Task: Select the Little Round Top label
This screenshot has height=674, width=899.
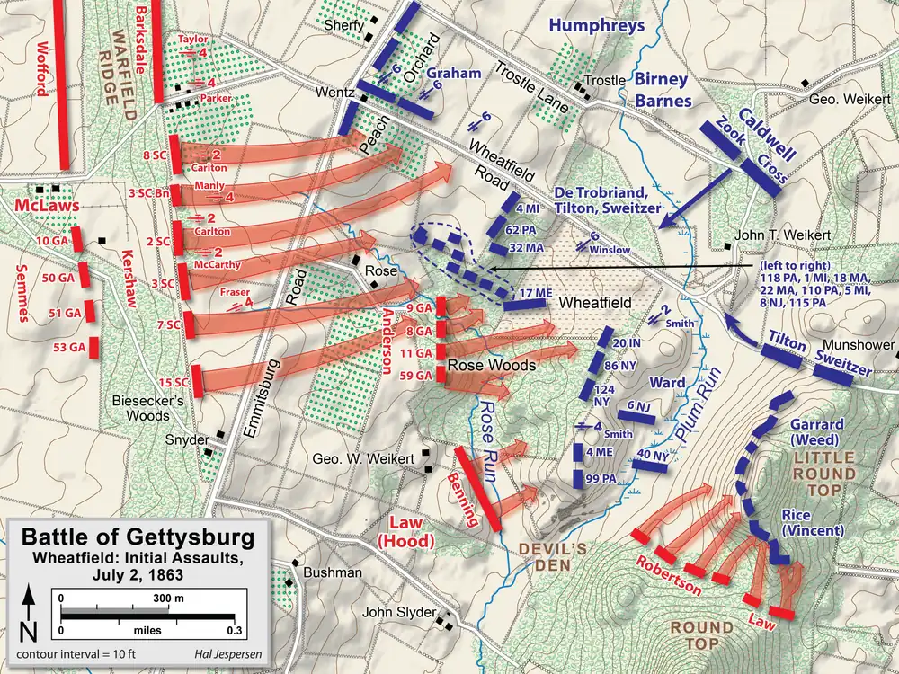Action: click(823, 472)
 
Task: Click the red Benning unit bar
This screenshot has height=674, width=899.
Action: click(477, 489)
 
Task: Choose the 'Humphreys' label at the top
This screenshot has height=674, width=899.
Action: click(598, 25)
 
